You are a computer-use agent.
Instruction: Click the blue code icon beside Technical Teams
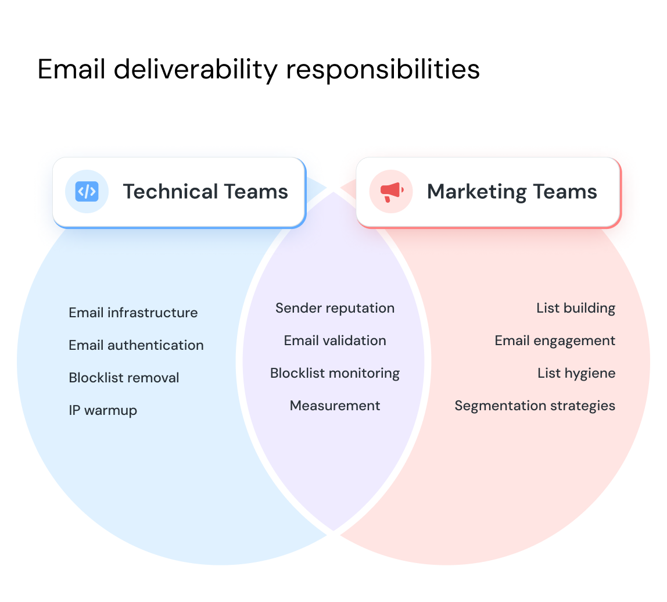click(87, 191)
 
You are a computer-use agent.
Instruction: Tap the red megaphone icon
click(391, 191)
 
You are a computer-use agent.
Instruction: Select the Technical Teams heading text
click(205, 192)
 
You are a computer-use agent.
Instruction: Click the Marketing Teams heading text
click(511, 192)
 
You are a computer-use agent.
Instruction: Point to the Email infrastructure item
click(133, 313)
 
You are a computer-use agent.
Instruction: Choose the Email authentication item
click(136, 345)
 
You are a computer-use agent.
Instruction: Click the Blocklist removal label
click(124, 378)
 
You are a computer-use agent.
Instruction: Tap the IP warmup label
click(103, 410)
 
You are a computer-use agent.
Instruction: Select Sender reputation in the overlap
click(335, 308)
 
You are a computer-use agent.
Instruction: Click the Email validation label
click(335, 341)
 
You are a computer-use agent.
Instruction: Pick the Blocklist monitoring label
click(335, 373)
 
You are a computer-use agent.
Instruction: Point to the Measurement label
click(335, 406)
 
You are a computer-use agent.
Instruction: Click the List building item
click(575, 308)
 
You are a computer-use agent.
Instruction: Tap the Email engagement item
click(554, 341)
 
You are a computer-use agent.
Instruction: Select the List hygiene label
click(576, 373)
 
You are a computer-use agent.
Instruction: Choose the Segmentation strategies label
click(535, 406)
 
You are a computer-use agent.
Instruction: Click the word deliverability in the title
click(196, 70)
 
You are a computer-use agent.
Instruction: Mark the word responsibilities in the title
click(382, 70)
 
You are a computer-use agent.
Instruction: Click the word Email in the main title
click(71, 70)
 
